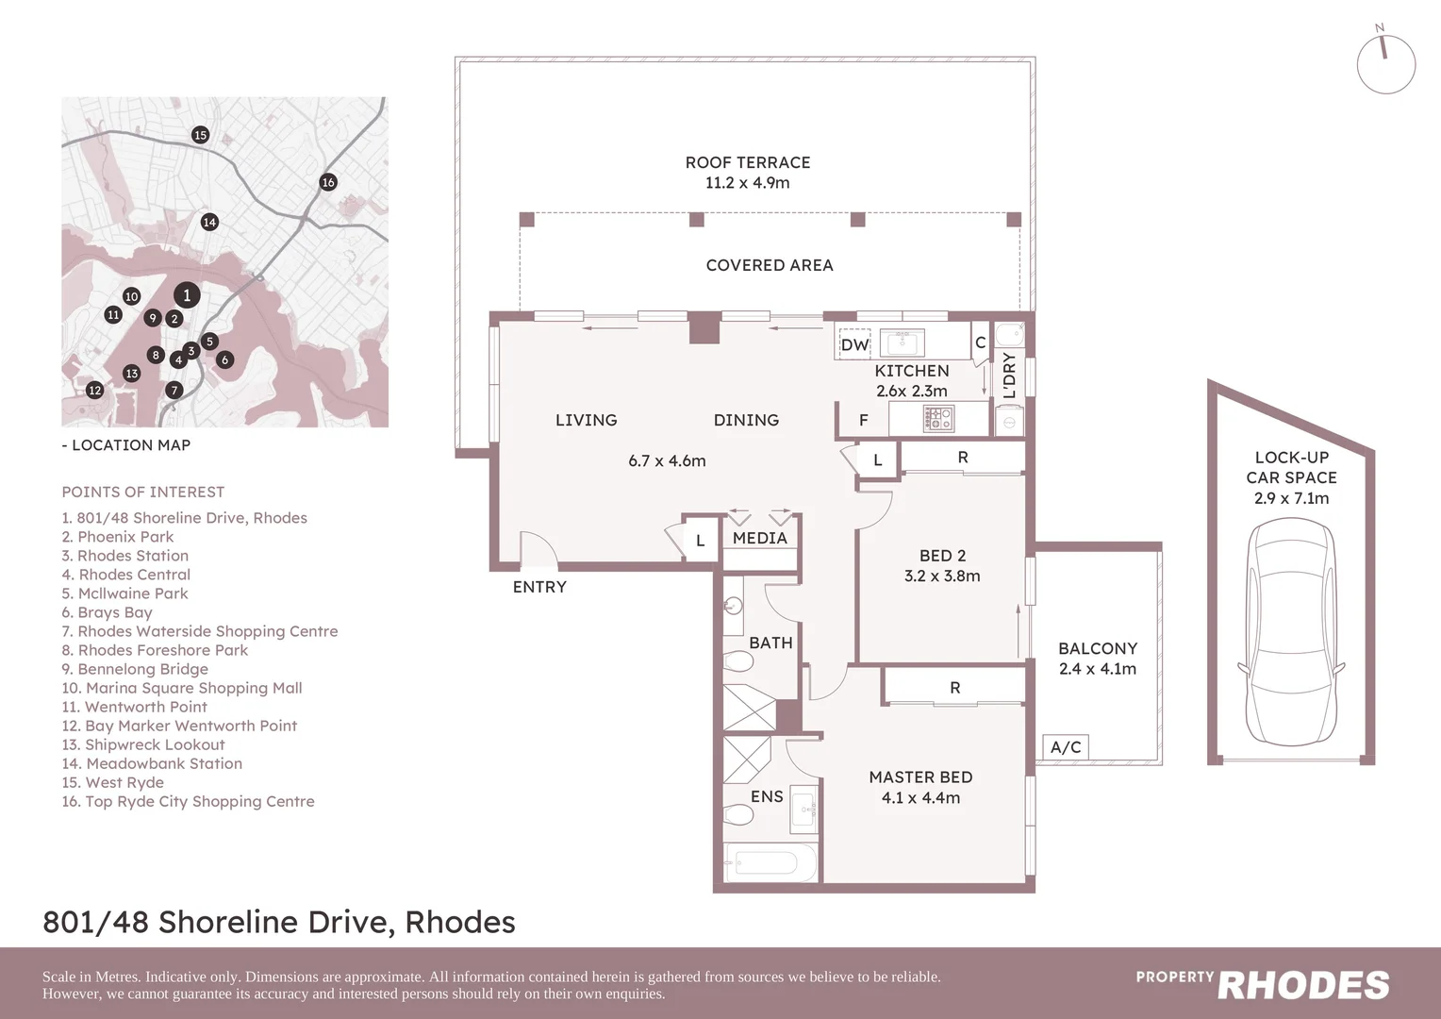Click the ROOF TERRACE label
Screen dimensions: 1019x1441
click(x=747, y=162)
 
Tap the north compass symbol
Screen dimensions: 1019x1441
click(x=1385, y=64)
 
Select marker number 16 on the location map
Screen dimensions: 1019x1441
click(x=328, y=182)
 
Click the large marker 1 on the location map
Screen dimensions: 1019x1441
click(x=187, y=295)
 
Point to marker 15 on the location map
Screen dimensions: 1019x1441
click(x=200, y=135)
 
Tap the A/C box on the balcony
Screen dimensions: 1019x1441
click(x=1066, y=747)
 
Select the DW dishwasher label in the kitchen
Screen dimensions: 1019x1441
click(x=854, y=344)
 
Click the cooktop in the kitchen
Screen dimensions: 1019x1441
click(x=938, y=418)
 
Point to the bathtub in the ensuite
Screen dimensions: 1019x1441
click(x=770, y=862)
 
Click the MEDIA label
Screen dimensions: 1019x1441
click(x=759, y=538)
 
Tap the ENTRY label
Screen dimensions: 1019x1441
click(x=539, y=587)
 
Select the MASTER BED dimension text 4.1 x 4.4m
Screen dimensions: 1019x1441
click(x=920, y=798)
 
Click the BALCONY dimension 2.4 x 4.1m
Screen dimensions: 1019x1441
click(x=1098, y=669)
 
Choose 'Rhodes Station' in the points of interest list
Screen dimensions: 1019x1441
click(x=132, y=556)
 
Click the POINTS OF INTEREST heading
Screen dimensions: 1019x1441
click(x=143, y=492)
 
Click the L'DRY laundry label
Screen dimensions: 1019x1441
click(x=1009, y=375)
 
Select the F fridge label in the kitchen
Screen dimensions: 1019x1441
click(x=863, y=421)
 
